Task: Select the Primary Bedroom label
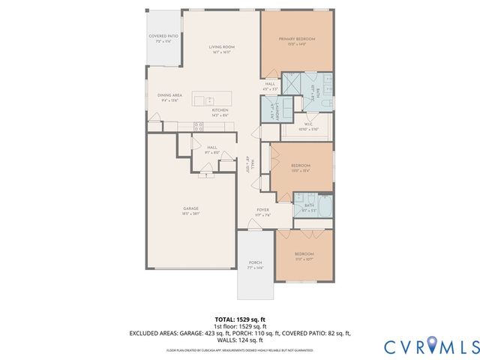click(296, 40)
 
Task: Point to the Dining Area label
click(169, 97)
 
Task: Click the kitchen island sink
click(209, 100)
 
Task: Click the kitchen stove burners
click(199, 126)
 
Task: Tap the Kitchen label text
click(220, 112)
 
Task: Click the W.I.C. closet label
click(308, 127)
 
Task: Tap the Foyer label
click(262, 211)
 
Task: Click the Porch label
click(256, 265)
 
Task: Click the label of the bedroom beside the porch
click(304, 256)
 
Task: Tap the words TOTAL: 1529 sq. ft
click(239, 319)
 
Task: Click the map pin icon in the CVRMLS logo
click(434, 345)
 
